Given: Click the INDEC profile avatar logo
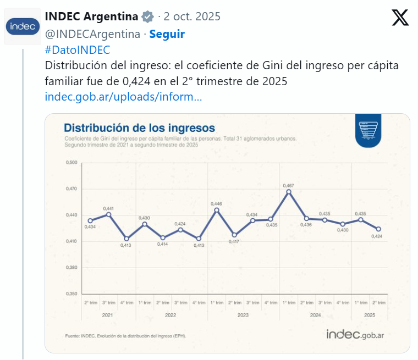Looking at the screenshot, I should coord(22,26).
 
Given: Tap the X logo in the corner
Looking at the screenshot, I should coord(400,18).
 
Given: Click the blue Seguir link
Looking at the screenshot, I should coord(167,34).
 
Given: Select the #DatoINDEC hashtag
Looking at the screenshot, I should coord(78,50).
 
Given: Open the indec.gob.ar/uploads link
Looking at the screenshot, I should coord(123,97).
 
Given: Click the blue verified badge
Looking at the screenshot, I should coord(148,16).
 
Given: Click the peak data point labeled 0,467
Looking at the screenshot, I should coord(289,192).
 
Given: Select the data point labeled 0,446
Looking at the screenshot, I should coord(217,210).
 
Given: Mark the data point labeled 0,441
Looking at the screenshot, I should coord(109,214).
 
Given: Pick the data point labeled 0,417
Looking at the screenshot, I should coord(234,235).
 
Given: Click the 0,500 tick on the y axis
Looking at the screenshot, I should coord(71,163).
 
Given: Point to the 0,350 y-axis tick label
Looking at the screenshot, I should coord(71,294).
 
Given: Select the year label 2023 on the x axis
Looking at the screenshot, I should coord(243,315).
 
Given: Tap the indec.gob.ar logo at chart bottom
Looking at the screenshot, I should coord(355,334).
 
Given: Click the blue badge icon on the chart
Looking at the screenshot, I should coord(369,131).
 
